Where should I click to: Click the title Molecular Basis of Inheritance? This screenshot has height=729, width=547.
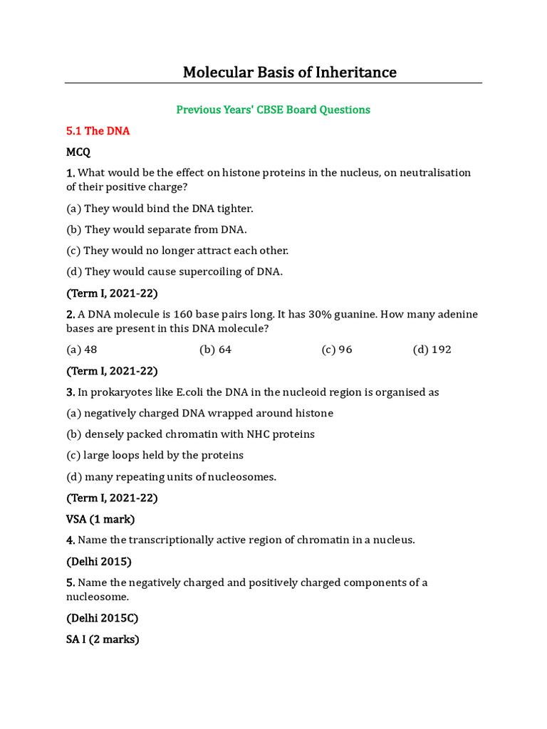coord(290,72)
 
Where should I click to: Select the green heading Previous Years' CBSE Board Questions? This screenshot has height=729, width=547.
coord(273,110)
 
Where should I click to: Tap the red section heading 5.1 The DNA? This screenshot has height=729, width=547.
coord(98,131)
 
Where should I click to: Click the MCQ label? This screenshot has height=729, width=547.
coord(78,152)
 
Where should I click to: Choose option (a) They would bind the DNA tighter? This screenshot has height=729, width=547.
coord(160,209)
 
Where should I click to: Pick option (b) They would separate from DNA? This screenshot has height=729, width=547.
coord(157,229)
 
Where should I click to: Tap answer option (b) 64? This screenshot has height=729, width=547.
coord(216,350)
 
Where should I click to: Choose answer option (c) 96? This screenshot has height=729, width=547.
coord(337,350)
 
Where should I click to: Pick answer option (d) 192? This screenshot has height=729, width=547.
coord(432,350)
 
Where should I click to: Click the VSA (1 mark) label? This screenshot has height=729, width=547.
coord(100,519)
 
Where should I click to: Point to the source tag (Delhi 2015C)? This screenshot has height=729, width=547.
coord(102,618)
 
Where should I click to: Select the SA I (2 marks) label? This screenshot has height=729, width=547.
coord(103,639)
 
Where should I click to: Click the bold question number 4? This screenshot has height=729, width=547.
coord(71,540)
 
